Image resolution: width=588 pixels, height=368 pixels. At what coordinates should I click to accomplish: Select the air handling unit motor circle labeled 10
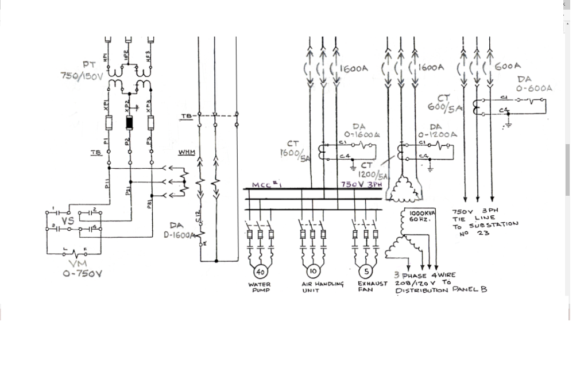pyautogui.click(x=313, y=271)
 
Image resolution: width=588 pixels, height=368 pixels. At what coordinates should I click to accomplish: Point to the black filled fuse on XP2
pyautogui.click(x=130, y=123)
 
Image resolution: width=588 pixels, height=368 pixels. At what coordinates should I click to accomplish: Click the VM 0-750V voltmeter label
pyautogui.click(x=83, y=269)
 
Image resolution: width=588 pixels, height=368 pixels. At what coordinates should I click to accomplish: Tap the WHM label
pyautogui.click(x=187, y=153)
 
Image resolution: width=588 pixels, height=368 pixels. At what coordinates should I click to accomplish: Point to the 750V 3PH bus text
pyautogui.click(x=361, y=185)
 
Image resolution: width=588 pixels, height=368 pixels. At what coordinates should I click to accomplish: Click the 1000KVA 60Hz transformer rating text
pyautogui.click(x=422, y=216)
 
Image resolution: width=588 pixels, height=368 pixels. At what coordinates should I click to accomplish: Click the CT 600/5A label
pyautogui.click(x=443, y=103)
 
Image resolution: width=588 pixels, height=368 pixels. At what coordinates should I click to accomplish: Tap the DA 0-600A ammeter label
pyautogui.click(x=533, y=84)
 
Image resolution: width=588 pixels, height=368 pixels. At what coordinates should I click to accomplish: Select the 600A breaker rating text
pyautogui.click(x=507, y=67)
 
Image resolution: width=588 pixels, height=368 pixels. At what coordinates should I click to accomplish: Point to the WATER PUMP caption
pyautogui.click(x=260, y=287)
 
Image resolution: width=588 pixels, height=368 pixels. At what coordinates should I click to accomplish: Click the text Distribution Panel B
pyautogui.click(x=441, y=290)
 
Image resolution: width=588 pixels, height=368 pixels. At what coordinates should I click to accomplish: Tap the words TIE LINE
pyautogui.click(x=474, y=218)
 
